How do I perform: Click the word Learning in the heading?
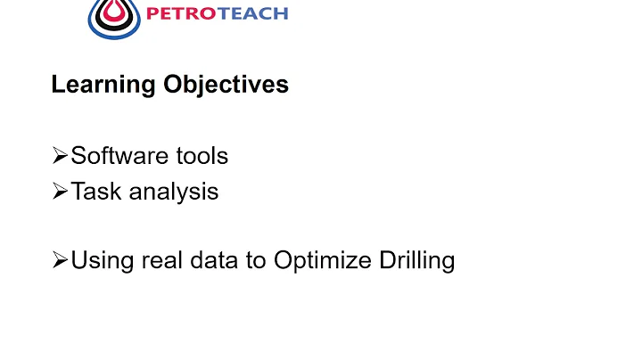pyautogui.click(x=103, y=86)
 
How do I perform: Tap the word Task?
pyautogui.click(x=92, y=192)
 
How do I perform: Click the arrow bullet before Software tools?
pyautogui.click(x=60, y=157)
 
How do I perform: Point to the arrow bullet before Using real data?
pyautogui.click(x=60, y=262)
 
